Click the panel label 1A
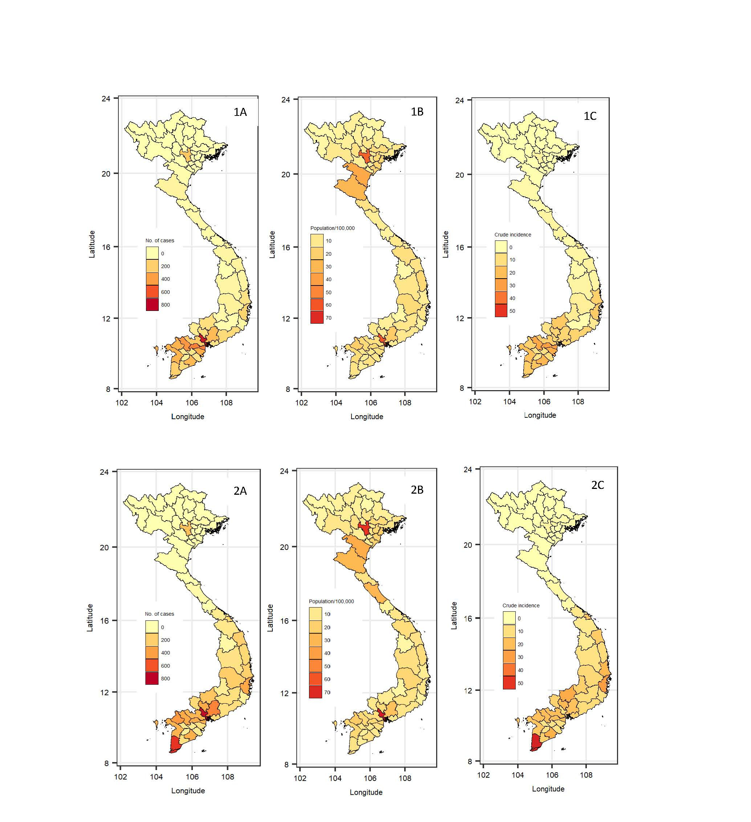click(240, 112)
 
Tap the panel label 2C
click(597, 485)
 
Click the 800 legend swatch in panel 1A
click(152, 305)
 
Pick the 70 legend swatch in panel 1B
click(317, 317)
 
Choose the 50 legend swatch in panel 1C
click(501, 311)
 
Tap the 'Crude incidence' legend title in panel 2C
click(521, 606)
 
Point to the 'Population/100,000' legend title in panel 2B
click(331, 602)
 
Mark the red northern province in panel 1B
click(365, 156)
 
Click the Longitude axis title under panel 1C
click(540, 415)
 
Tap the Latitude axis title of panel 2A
click(90, 618)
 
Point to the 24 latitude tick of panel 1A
click(106, 99)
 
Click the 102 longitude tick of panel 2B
click(300, 778)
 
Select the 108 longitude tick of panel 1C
click(578, 402)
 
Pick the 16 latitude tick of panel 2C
click(468, 618)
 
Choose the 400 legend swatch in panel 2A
click(152, 653)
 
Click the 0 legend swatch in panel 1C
click(501, 247)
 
